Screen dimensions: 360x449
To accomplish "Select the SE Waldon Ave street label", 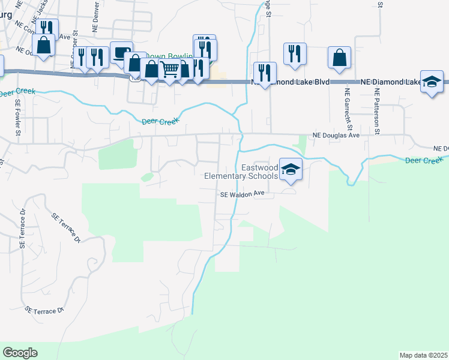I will (x=243, y=194).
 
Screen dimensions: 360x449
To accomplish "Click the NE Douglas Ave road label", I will (x=336, y=136).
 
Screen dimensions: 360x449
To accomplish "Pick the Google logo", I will (x=20, y=353).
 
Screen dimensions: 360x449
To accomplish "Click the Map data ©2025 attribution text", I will (x=423, y=355).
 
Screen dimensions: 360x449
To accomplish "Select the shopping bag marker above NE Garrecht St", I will (x=340, y=57).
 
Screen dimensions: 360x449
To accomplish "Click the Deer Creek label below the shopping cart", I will (x=161, y=122).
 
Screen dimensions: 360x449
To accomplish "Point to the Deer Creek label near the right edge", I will (x=423, y=160).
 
